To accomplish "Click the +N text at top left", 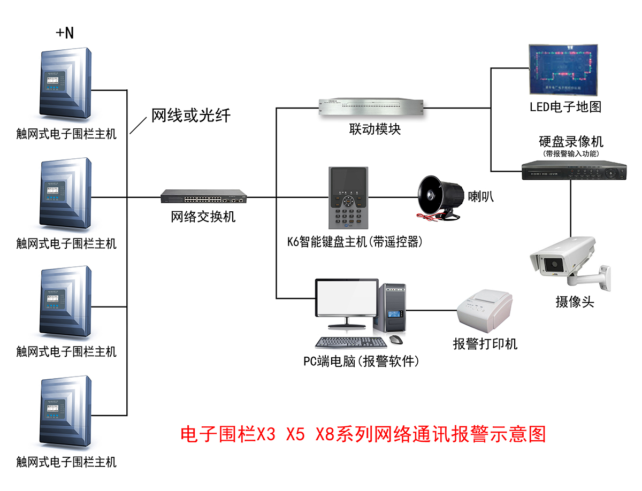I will [x=65, y=33].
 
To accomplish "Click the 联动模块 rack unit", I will [x=371, y=107].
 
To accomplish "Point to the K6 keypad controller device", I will [x=348, y=198].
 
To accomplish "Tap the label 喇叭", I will [x=480, y=196].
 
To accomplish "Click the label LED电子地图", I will [x=565, y=106].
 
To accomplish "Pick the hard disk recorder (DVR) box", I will [x=573, y=171].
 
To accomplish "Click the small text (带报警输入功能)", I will [x=571, y=154].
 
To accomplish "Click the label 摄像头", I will [x=575, y=302].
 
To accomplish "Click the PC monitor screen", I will [x=347, y=298].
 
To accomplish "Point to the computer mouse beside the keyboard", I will [x=395, y=339].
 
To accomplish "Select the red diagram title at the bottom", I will [x=363, y=434].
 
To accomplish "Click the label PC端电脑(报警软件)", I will [x=361, y=362].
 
